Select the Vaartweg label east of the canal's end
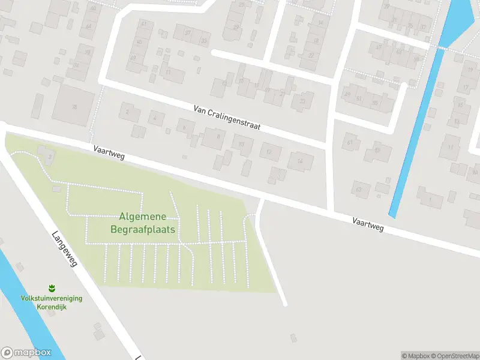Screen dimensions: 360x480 click(368, 225)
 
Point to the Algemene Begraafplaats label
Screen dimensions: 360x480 click(143, 223)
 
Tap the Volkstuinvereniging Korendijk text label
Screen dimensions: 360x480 click(52, 302)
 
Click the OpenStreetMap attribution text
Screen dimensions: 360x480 click(454, 356)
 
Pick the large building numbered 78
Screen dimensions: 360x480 click(74, 107)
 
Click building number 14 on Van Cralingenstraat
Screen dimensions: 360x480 click(300, 161)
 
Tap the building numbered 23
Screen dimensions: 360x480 click(302, 101)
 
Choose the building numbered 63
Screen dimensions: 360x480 click(360, 190)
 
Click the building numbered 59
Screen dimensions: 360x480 click(377, 151)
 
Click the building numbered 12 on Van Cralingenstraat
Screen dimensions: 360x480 click(269, 152)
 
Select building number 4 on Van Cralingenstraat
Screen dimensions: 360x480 click(156, 118)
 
